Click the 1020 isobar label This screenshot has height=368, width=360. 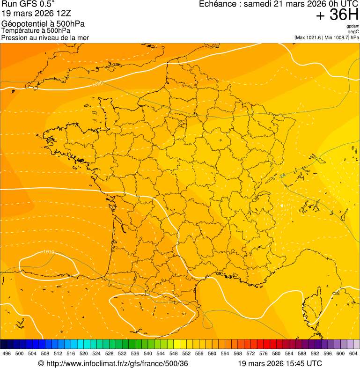click(97, 84)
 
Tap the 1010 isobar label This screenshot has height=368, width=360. click(49, 252)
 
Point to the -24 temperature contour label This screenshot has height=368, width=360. click(282, 176)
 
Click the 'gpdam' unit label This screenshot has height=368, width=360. click(353, 26)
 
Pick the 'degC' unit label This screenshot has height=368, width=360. click(353, 31)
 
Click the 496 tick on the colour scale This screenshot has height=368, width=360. click(7, 353)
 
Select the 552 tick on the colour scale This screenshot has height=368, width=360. click(186, 353)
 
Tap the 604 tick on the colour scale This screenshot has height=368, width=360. click(353, 353)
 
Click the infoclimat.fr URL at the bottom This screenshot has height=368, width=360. click(117, 363)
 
